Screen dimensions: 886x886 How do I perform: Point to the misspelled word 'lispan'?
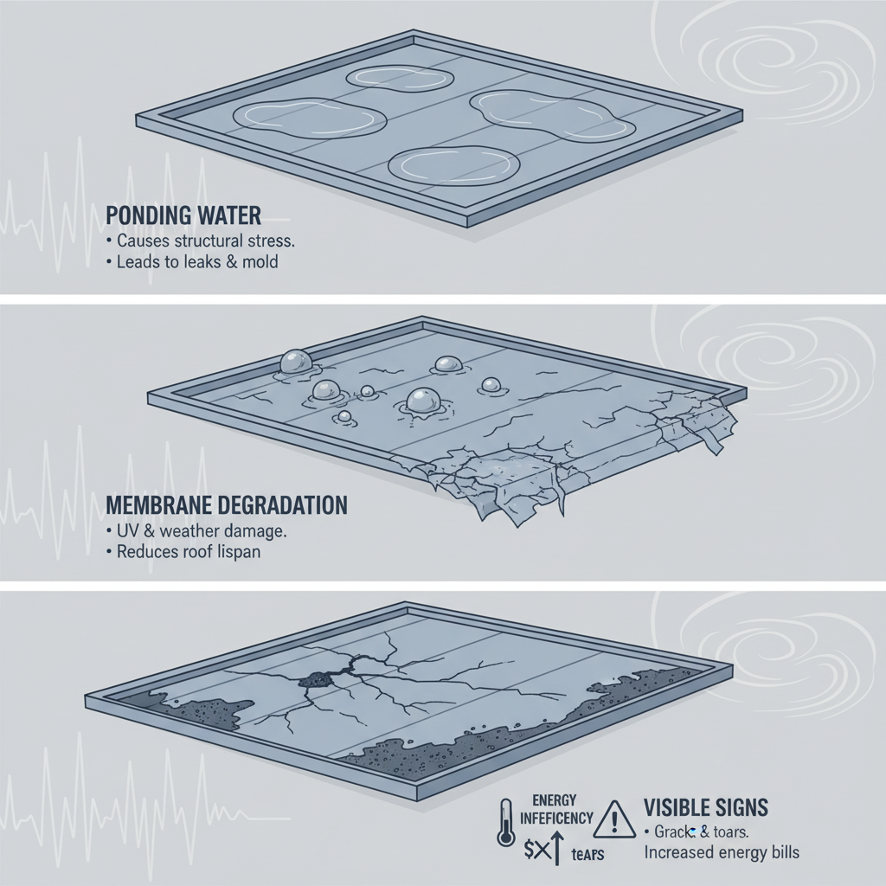[257, 552]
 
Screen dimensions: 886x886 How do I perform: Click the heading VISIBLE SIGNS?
[705, 807]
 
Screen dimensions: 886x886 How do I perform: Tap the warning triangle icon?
[615, 815]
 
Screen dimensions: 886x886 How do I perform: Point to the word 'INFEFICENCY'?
[556, 817]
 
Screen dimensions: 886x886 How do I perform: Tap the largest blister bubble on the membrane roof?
[421, 401]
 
